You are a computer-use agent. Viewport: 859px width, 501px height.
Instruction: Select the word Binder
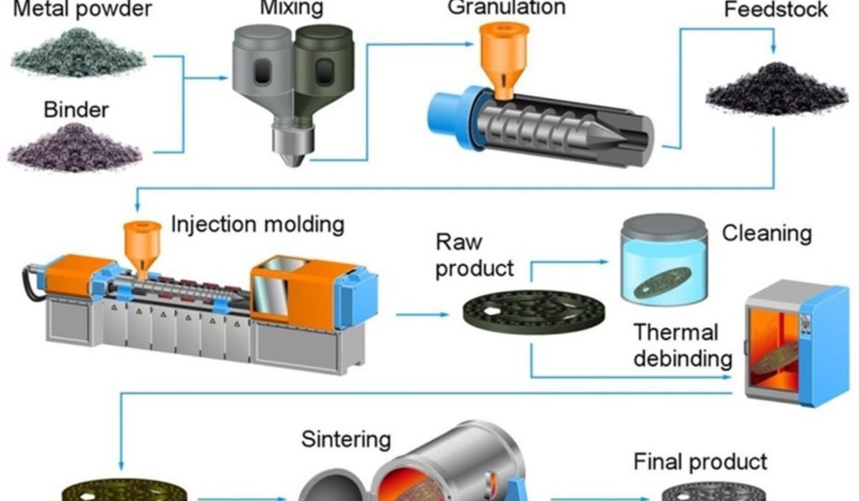[76, 110]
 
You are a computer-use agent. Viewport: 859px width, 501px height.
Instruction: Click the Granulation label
[506, 8]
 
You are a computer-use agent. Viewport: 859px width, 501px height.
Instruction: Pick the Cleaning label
[767, 233]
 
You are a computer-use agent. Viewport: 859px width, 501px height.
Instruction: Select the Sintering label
[346, 438]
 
